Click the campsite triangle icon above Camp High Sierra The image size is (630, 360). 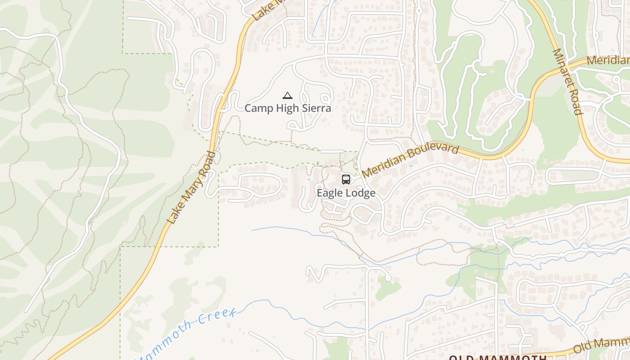[x=288, y=95]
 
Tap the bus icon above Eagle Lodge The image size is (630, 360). [x=346, y=180]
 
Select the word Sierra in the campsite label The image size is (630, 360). [x=316, y=108]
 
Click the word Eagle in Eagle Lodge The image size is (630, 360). [x=330, y=193]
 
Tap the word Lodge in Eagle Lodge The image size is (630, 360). [x=361, y=193]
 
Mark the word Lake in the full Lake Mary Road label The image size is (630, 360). [x=175, y=214]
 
